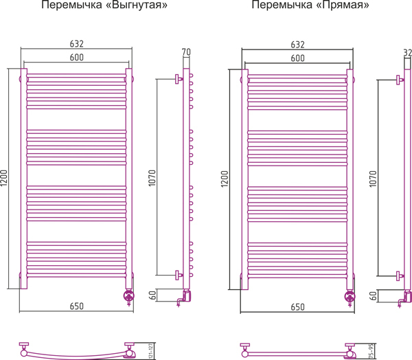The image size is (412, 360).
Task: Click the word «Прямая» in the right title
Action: tap(342, 5)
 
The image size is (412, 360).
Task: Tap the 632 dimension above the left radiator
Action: tap(76, 44)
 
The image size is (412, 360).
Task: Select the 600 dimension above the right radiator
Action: tap(297, 58)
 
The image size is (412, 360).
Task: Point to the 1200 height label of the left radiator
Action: tap(5, 179)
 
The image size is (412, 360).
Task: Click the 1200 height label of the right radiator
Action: tap(225, 179)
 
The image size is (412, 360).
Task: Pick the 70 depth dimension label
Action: tap(186, 52)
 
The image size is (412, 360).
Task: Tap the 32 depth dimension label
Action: tap(407, 53)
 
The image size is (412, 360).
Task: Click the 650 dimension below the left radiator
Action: tap(76, 306)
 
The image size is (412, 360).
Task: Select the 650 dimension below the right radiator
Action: tap(297, 307)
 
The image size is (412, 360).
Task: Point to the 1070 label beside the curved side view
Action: tap(152, 178)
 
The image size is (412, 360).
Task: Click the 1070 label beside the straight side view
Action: tap(373, 179)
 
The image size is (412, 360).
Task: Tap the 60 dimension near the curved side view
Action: tap(152, 295)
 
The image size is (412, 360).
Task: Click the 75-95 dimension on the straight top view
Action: tap(371, 350)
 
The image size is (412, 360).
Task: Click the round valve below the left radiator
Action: tap(129, 295)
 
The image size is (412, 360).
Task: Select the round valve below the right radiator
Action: tap(350, 296)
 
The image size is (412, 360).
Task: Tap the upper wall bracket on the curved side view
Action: tap(179, 79)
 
